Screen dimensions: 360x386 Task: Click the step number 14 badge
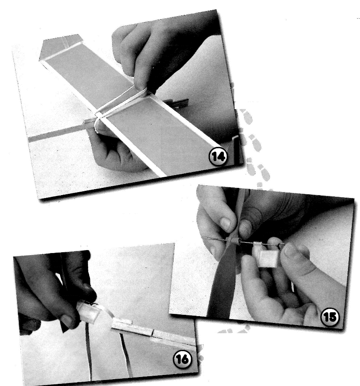point(218,156)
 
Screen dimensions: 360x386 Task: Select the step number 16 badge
point(183,359)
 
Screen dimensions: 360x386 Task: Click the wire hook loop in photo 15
point(281,245)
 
